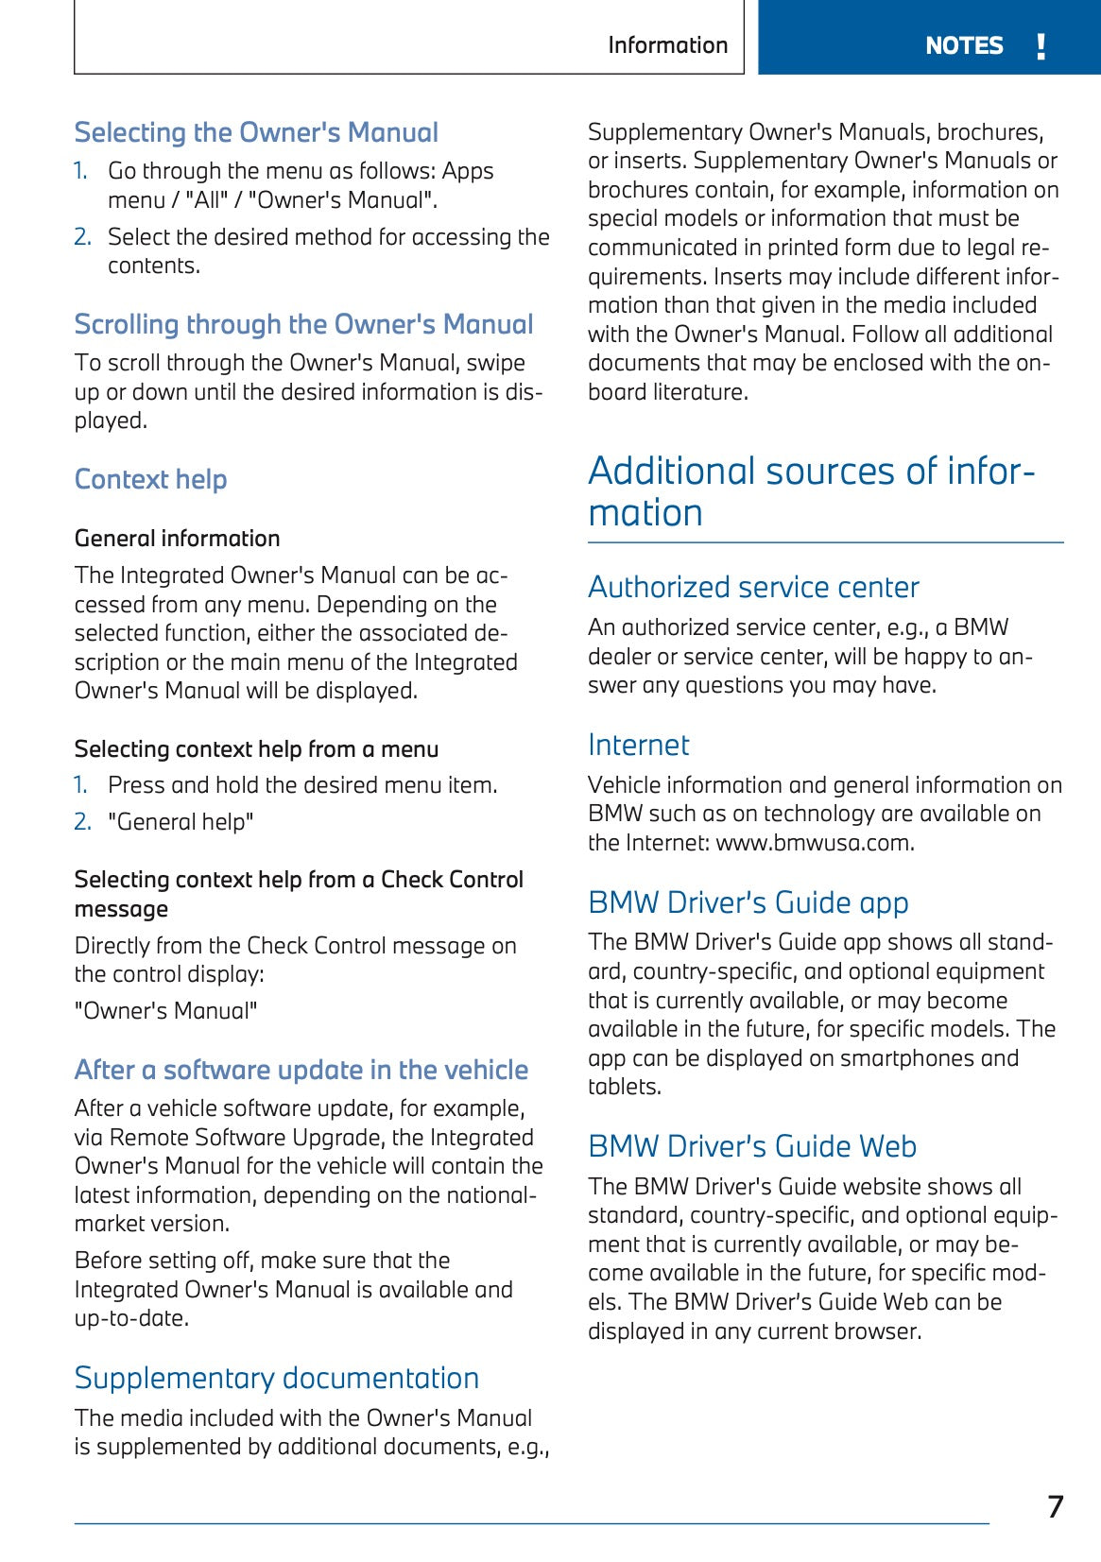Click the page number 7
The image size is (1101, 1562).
(x=1055, y=1506)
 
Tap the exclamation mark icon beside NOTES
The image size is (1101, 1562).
(x=1041, y=45)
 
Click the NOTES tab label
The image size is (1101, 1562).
(x=963, y=45)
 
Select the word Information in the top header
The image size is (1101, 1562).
(x=667, y=45)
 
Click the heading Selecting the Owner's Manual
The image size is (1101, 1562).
(x=256, y=132)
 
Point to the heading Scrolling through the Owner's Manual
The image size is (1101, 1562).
(x=303, y=324)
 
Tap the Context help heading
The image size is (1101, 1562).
(x=150, y=479)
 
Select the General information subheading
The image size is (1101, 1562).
(x=177, y=539)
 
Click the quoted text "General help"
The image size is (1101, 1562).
(x=181, y=822)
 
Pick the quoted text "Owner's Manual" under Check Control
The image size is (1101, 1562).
(x=165, y=1011)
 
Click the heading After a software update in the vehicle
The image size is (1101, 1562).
(x=301, y=1070)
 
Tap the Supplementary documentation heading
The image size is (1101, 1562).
(x=276, y=1378)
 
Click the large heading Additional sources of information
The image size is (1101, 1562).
(x=811, y=491)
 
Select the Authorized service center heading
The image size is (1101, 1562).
(x=752, y=587)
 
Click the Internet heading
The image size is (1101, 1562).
(x=638, y=745)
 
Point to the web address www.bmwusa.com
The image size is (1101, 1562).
(x=815, y=843)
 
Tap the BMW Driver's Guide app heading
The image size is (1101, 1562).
(x=748, y=902)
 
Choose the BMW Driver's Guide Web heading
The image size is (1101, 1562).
(x=751, y=1146)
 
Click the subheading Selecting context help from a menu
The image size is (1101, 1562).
(x=256, y=749)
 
